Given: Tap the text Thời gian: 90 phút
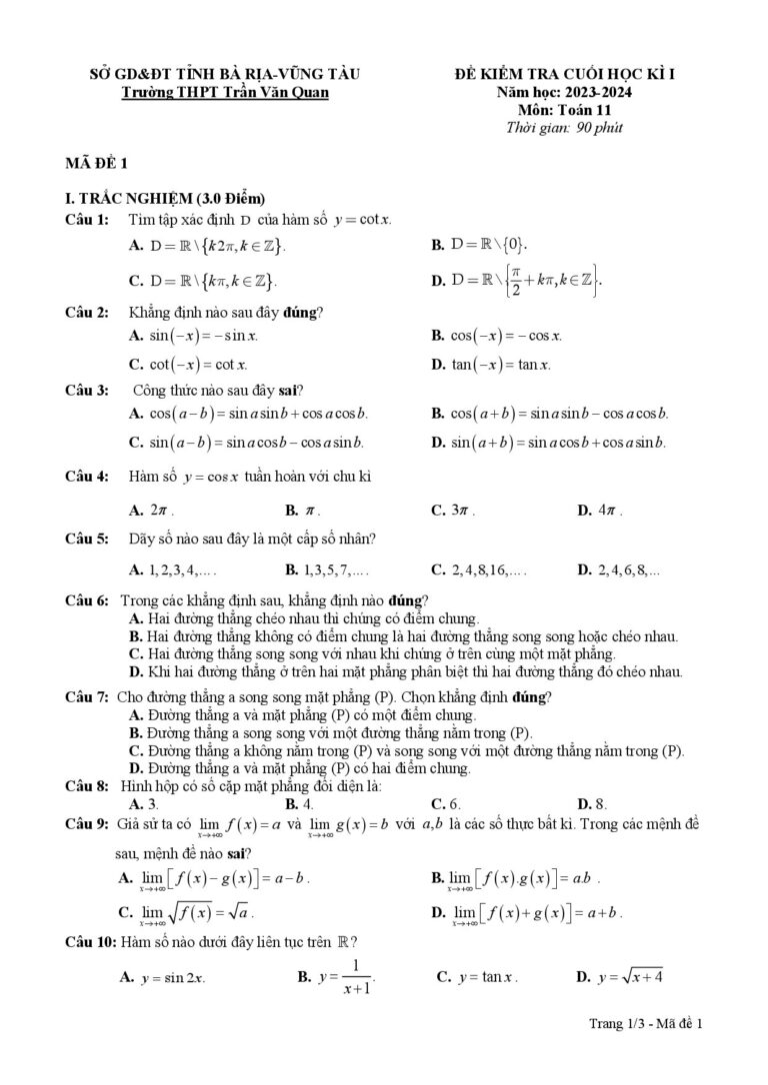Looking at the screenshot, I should coord(565,127).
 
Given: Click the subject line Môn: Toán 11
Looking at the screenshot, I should coord(565,110).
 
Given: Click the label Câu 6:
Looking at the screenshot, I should coord(87,600).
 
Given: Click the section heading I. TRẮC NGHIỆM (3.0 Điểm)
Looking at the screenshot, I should coord(164,197).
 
